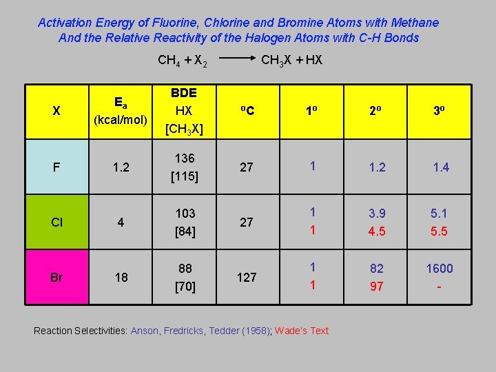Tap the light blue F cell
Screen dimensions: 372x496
pyautogui.click(x=56, y=167)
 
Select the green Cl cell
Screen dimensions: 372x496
pyautogui.click(x=56, y=223)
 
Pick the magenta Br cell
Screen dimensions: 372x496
pyautogui.click(x=56, y=278)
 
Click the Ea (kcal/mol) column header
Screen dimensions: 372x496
pyautogui.click(x=121, y=111)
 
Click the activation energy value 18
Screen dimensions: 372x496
pyautogui.click(x=121, y=278)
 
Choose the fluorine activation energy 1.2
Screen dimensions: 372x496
pyautogui.click(x=121, y=167)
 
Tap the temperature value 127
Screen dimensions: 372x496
pyautogui.click(x=246, y=278)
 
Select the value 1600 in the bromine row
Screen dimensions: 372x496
pyautogui.click(x=439, y=269)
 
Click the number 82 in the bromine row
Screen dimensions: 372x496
pyautogui.click(x=376, y=269)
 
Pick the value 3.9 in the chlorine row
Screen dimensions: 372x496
pyautogui.click(x=376, y=214)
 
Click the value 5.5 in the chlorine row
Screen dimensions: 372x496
pyautogui.click(x=439, y=231)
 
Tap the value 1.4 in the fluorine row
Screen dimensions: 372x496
pyautogui.click(x=440, y=167)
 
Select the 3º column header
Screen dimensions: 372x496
pyautogui.click(x=439, y=111)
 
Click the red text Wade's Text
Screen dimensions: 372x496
pyautogui.click(x=302, y=331)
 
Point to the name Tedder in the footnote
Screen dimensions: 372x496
pyautogui.click(x=240, y=331)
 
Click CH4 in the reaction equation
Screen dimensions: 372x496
pyautogui.click(x=167, y=60)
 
